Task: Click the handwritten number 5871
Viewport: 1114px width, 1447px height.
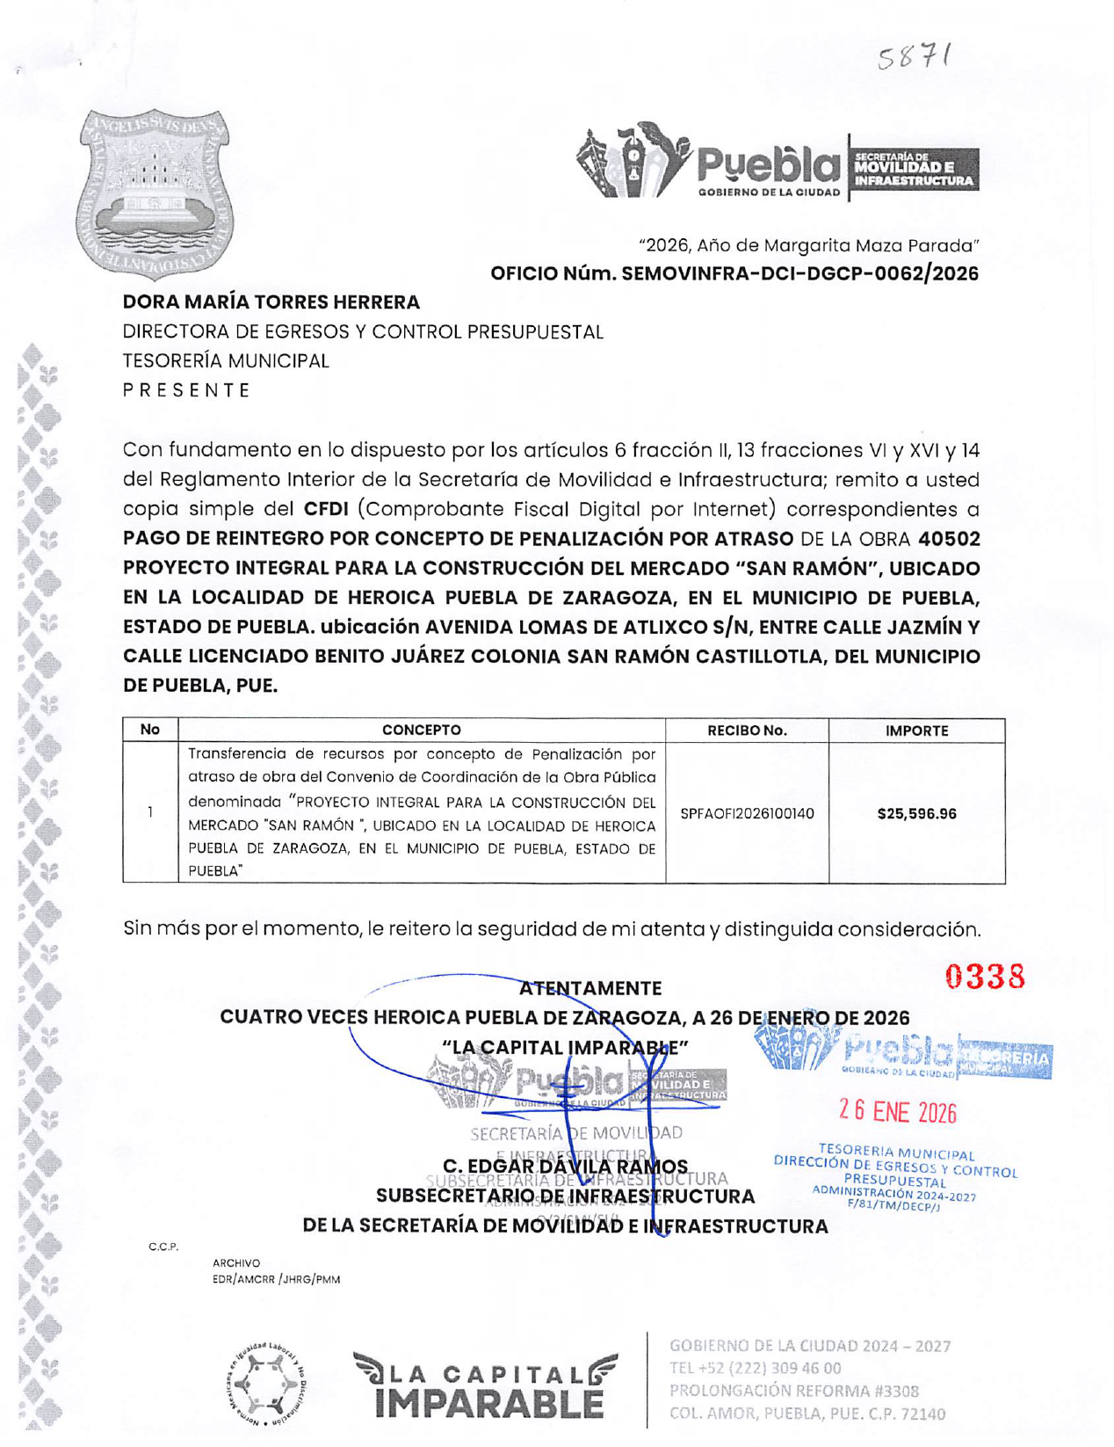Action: pyautogui.click(x=914, y=58)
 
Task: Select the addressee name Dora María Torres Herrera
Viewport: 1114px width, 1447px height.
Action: pyautogui.click(x=271, y=302)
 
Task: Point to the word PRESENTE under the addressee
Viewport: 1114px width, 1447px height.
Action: pyautogui.click(x=186, y=390)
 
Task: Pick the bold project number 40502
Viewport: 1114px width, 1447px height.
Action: pyautogui.click(x=948, y=539)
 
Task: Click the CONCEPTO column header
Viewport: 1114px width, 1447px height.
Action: pyautogui.click(x=421, y=731)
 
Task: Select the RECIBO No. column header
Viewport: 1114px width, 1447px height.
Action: pyautogui.click(x=747, y=731)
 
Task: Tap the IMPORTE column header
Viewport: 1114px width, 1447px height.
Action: pyautogui.click(x=916, y=731)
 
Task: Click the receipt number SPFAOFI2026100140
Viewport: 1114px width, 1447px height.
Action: pyautogui.click(x=747, y=814)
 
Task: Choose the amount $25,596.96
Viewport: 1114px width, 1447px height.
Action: pyautogui.click(x=916, y=814)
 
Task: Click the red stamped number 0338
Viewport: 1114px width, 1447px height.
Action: pyautogui.click(x=985, y=977)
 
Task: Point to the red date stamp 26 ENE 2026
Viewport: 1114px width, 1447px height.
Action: pyautogui.click(x=897, y=1112)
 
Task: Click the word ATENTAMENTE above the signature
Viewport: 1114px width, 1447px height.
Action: pyautogui.click(x=590, y=988)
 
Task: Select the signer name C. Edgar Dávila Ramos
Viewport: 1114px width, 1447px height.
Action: pyautogui.click(x=565, y=1167)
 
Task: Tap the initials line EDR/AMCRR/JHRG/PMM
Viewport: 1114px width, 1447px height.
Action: pyautogui.click(x=276, y=1280)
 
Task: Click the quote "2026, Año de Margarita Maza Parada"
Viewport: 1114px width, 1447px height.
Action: pyautogui.click(x=808, y=245)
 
